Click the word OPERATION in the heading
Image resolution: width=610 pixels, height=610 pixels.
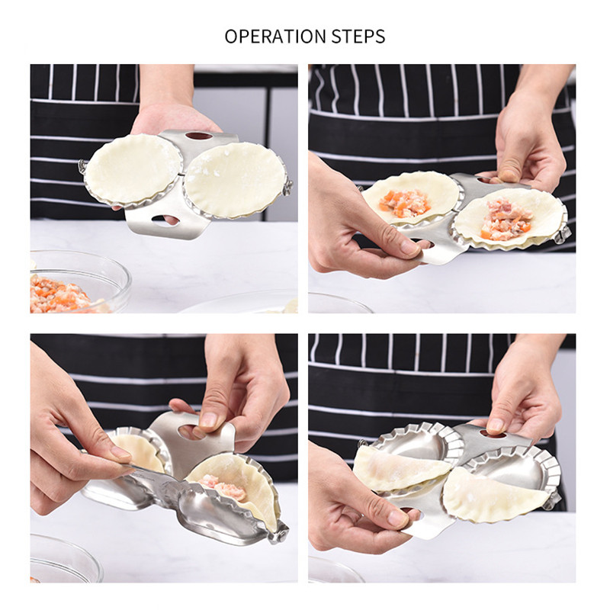[x=268, y=37]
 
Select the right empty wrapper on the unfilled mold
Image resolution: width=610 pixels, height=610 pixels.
[x=235, y=178]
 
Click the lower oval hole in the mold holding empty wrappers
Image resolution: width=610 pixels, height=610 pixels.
[x=165, y=220]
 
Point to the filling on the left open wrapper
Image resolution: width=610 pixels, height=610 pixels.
[x=405, y=202]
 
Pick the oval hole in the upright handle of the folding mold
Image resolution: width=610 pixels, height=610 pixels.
[x=190, y=432]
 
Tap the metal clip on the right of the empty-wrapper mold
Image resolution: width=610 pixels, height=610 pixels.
[x=287, y=187]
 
